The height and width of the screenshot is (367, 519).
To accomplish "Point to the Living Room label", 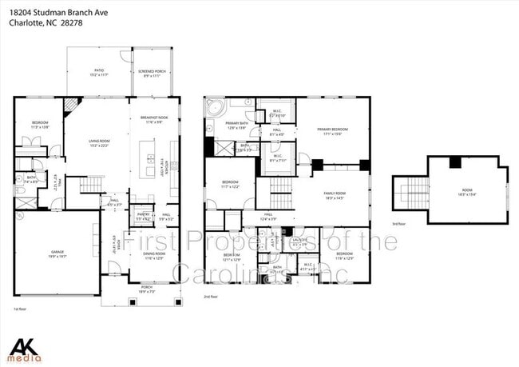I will click(100, 143).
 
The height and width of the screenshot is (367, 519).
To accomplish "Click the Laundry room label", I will click(300, 241).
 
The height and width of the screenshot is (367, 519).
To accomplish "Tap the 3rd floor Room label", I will click(469, 192).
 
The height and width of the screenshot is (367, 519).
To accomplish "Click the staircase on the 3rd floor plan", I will click(410, 193).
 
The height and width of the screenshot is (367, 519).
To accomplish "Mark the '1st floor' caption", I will click(20, 307).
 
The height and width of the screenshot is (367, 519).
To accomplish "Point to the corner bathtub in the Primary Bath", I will click(214, 108).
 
